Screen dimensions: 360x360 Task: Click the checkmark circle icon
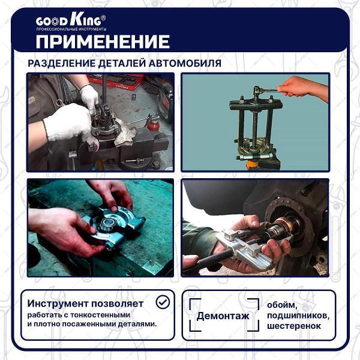pos(162,302)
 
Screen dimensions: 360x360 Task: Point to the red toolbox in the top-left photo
pos(123,80)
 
